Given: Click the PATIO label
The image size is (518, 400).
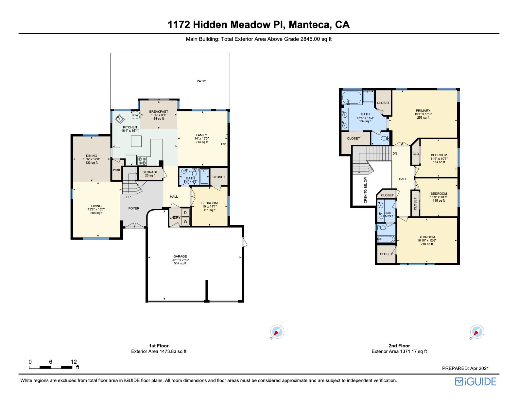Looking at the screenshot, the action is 201,81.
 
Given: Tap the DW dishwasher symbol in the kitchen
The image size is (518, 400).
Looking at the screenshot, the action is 136,115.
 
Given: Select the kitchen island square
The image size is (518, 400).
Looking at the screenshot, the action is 136,141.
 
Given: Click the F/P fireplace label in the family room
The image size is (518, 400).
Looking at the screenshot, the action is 223,144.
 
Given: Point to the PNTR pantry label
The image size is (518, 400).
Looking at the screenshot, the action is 116,170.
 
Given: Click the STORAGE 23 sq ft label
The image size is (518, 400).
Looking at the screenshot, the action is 150,174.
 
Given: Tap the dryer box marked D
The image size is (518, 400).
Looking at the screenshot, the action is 185,213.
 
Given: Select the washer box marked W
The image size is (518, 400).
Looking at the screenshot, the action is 185,221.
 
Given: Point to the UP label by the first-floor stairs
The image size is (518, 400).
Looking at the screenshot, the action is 129,197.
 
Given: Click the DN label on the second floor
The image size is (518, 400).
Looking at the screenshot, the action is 395,153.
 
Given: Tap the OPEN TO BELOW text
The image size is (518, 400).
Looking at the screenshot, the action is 365,190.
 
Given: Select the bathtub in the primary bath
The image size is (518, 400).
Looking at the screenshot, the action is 352,98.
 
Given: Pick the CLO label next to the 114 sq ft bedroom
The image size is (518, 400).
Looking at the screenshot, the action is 416,154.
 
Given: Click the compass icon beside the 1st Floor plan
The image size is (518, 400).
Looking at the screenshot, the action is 277,332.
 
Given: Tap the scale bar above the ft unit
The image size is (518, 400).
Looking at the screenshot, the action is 51,367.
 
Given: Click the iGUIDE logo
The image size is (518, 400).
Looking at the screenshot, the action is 475,381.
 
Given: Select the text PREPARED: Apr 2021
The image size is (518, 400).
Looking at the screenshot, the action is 465,368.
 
